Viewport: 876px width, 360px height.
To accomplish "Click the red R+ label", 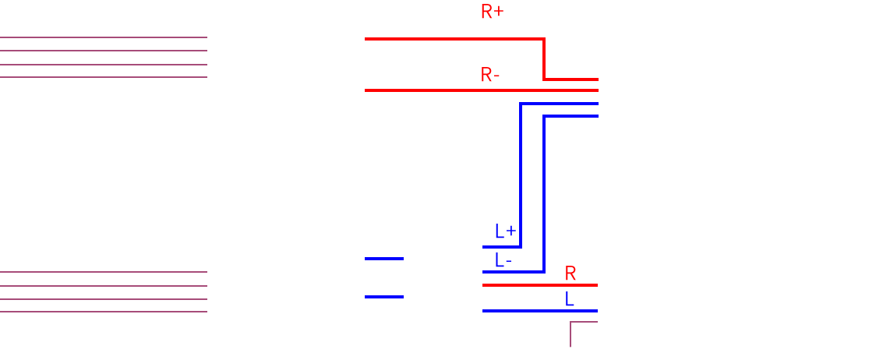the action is pyautogui.click(x=493, y=11).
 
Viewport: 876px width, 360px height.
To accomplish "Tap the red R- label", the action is pyautogui.click(x=490, y=74).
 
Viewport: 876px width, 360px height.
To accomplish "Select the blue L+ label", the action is pyautogui.click(x=506, y=231).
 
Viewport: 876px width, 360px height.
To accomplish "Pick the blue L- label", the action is pyautogui.click(x=503, y=259).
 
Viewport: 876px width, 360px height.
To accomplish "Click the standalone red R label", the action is pyautogui.click(x=570, y=272).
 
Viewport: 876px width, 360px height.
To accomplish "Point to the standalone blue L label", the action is pyautogui.click(x=569, y=298).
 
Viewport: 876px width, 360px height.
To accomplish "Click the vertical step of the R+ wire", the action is pyautogui.click(x=544, y=58).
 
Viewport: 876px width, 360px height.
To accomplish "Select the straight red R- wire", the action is pyautogui.click(x=481, y=90).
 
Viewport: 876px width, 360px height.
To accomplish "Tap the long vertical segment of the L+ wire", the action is pyautogui.click(x=521, y=175).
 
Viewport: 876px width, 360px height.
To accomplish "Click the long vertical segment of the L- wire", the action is pyautogui.click(x=544, y=194).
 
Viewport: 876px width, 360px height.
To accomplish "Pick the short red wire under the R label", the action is pyautogui.click(x=539, y=285).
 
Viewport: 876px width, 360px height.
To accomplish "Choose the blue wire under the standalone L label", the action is pyautogui.click(x=539, y=311).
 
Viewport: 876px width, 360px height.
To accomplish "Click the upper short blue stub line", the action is pyautogui.click(x=383, y=259).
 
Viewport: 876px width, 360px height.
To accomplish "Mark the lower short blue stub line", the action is pyautogui.click(x=383, y=297).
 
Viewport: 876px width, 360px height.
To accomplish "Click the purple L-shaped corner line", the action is pyautogui.click(x=570, y=323).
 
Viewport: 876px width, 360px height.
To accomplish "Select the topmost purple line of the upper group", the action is pyautogui.click(x=104, y=37).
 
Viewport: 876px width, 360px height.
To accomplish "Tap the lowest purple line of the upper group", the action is pyautogui.click(x=104, y=77).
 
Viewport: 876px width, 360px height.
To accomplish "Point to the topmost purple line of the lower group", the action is pyautogui.click(x=104, y=272).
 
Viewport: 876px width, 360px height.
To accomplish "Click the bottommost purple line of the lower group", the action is pyautogui.click(x=104, y=312).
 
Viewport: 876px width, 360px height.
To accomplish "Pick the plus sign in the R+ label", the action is pyautogui.click(x=499, y=11).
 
